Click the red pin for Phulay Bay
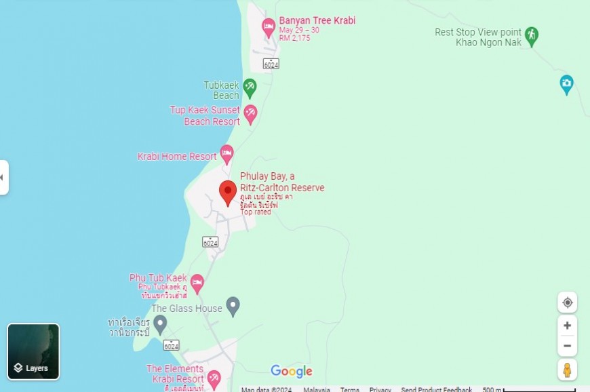[229, 191]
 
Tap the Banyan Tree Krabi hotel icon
[269, 27]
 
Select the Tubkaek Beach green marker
[250, 87]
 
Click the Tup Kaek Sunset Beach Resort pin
[250, 113]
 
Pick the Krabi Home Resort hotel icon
[227, 154]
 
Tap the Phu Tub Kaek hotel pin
[197, 283]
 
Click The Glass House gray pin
[233, 306]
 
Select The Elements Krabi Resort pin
[214, 378]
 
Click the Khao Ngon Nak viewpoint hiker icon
[532, 35]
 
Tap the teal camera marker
[566, 84]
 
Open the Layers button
[33, 351]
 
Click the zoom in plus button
[568, 326]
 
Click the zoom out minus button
[568, 346]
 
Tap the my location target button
[568, 302]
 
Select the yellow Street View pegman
[568, 370]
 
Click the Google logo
[292, 371]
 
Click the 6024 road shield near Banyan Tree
[271, 64]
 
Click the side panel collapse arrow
[3, 178]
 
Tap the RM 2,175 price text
[294, 38]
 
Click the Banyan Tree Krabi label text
[317, 20]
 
